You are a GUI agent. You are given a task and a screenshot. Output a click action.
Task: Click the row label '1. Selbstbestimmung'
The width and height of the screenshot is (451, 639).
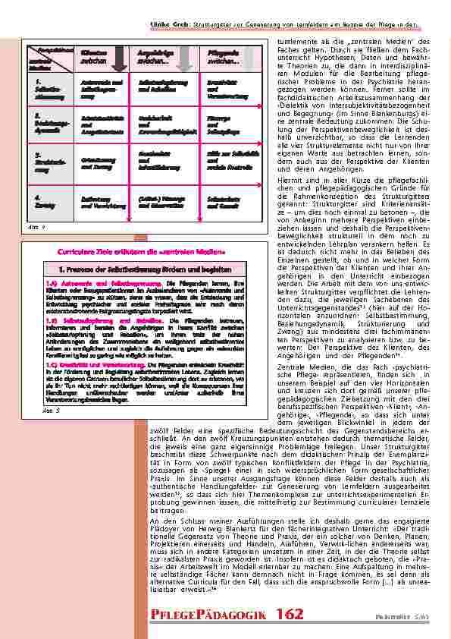pyautogui.click(x=45, y=88)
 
